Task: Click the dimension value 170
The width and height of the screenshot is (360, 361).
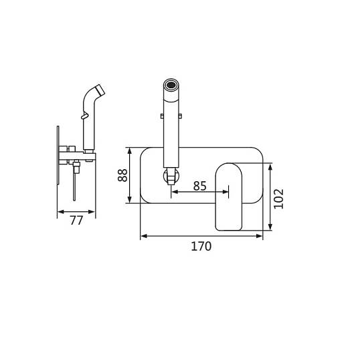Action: coord(201,246)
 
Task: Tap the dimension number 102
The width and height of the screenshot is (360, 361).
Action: coord(278,199)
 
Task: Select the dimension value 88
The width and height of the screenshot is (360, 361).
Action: coord(122,175)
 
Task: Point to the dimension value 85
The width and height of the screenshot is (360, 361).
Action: coord(200,186)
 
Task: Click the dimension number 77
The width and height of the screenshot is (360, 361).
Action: coord(76,221)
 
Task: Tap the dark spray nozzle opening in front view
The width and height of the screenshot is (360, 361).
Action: coord(171,85)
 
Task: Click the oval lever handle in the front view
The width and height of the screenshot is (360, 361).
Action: coord(229,197)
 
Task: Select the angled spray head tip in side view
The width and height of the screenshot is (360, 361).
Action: coord(100,90)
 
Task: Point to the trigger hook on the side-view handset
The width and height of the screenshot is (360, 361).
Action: coord(84,116)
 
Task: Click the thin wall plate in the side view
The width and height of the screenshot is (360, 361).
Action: coord(58,155)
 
